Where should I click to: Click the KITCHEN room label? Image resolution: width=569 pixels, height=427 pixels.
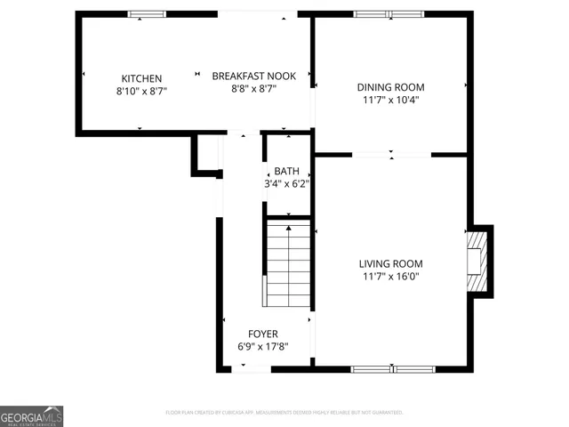(141, 78)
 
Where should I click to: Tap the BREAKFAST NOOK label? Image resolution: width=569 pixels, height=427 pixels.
(253, 77)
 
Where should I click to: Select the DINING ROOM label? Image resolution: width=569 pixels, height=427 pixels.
(390, 87)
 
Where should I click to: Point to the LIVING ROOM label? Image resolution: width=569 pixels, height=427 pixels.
(390, 263)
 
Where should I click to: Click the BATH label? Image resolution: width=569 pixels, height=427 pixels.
(286, 171)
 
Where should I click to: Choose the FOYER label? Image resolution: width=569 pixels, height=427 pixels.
(262, 334)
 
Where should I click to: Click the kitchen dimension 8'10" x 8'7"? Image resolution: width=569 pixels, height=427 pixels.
(141, 91)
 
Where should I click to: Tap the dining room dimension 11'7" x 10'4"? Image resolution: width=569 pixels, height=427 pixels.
(390, 100)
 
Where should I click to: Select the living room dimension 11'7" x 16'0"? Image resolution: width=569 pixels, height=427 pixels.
(390, 277)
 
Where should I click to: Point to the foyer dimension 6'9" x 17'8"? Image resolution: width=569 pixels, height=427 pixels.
(262, 347)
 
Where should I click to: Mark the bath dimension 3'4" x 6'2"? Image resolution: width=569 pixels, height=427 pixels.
(286, 183)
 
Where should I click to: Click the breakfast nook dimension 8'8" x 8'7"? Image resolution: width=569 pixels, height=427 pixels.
(253, 90)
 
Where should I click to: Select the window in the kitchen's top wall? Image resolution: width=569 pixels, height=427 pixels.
(147, 14)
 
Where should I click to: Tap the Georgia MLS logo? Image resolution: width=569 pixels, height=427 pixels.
(31, 416)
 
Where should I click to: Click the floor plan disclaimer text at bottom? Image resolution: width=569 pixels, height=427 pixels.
(284, 413)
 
